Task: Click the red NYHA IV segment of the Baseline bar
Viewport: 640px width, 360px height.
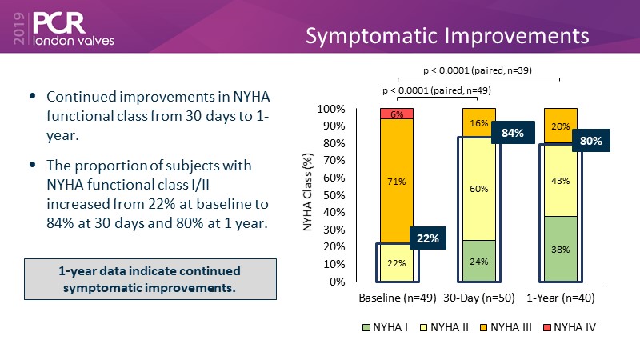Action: [x=396, y=114]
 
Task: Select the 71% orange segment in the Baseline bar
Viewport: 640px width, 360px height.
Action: [x=396, y=181]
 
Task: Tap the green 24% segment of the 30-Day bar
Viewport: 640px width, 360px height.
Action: [x=479, y=261]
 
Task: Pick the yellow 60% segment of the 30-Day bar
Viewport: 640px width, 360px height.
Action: [x=479, y=188]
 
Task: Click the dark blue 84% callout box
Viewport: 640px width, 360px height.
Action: [x=512, y=133]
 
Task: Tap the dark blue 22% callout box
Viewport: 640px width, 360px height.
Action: [x=429, y=239]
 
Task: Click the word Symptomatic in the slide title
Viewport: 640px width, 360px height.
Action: [x=370, y=36]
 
